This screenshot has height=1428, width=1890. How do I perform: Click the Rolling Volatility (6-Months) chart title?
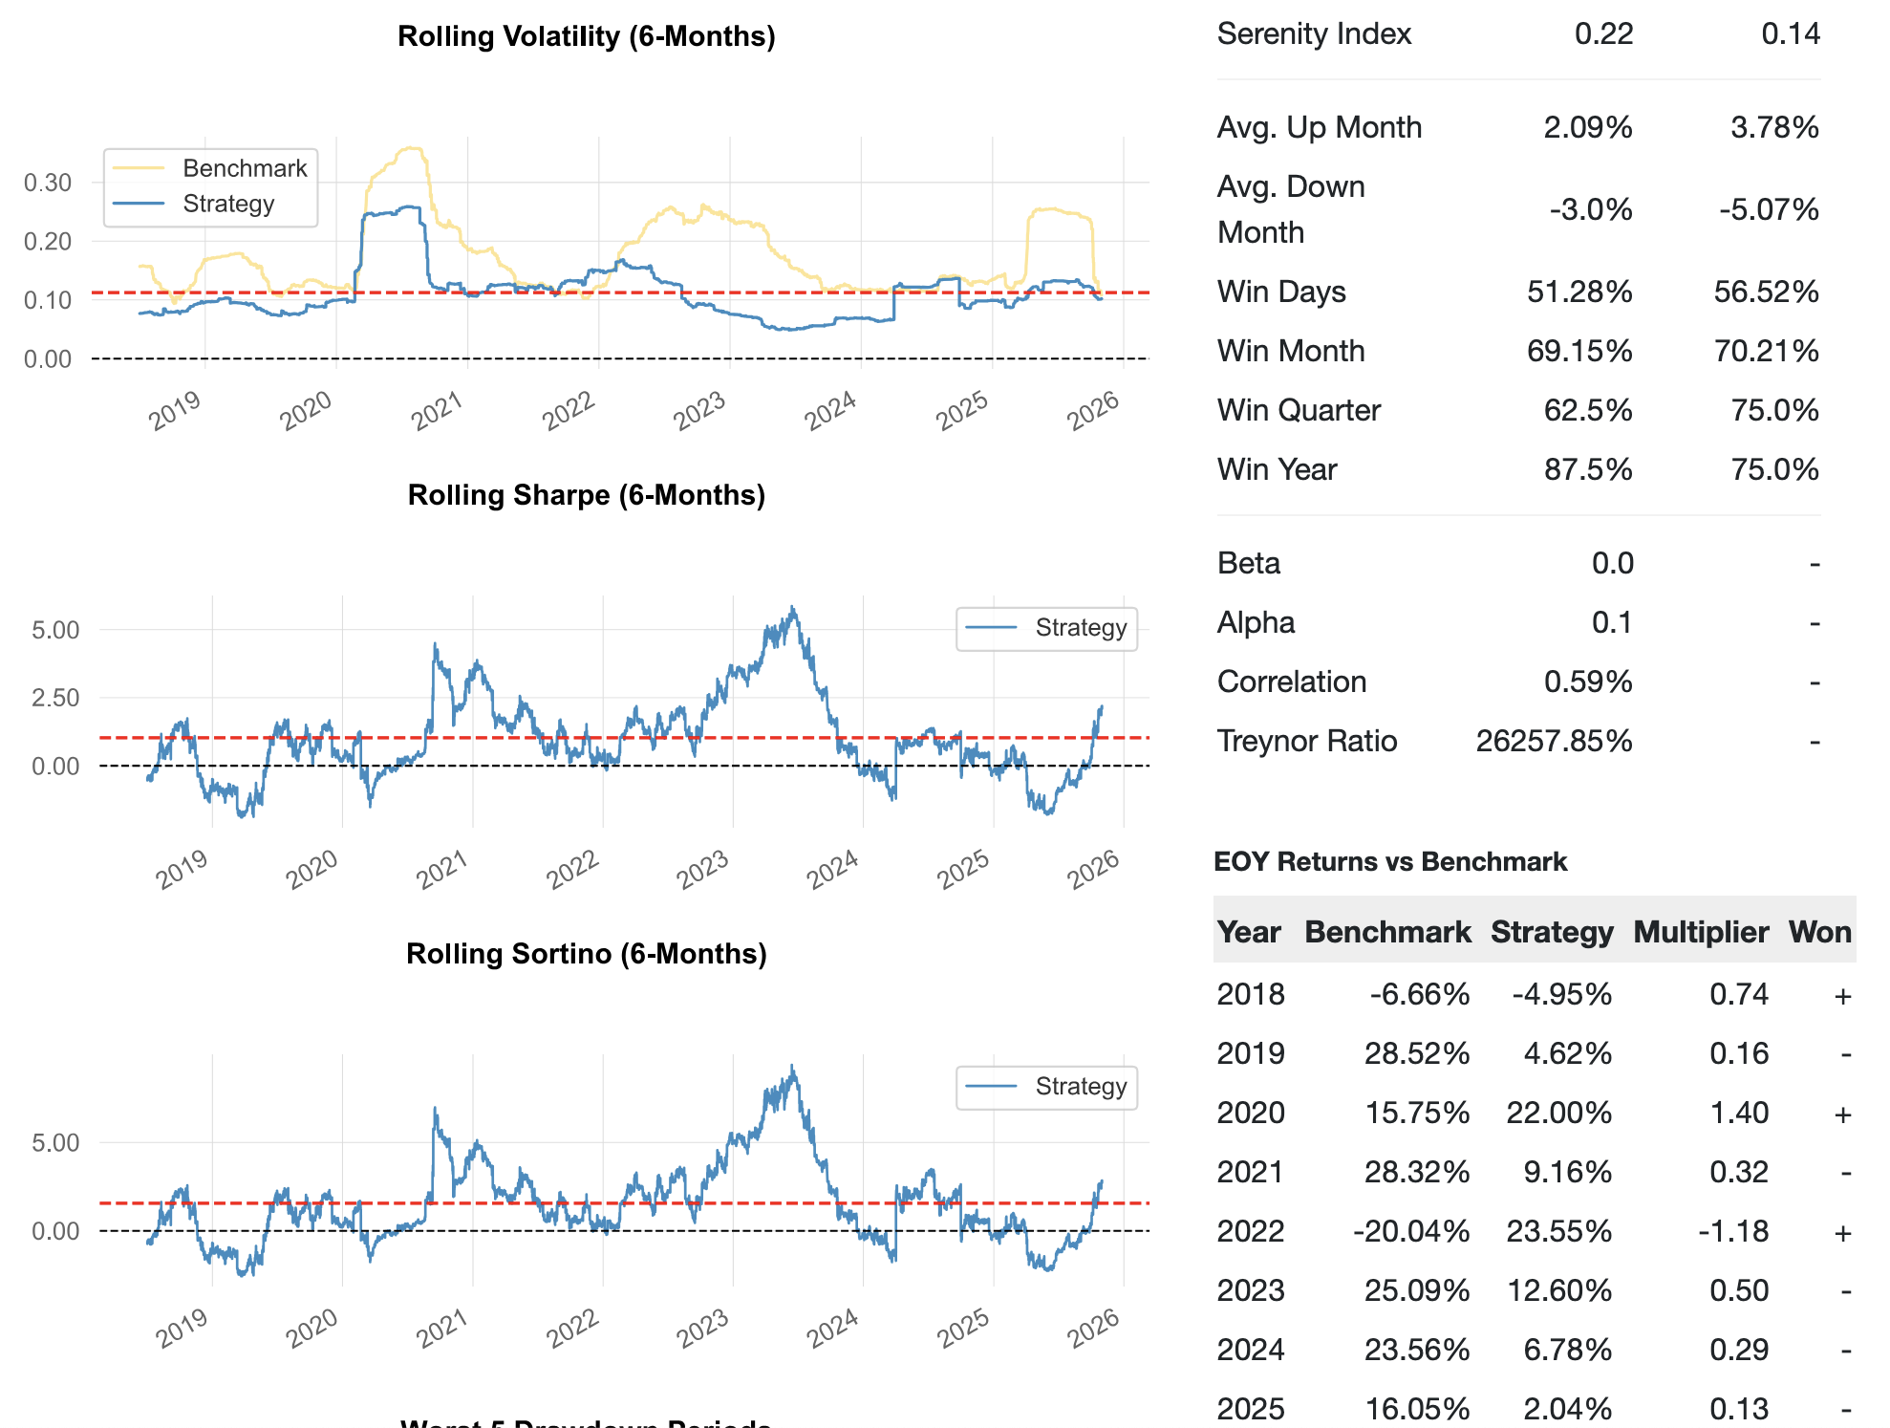coord(586,36)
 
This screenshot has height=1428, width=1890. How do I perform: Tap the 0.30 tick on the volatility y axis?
coord(48,183)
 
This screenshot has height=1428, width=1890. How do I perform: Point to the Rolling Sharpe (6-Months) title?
coord(586,495)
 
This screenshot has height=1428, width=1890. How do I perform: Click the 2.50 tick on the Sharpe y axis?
coord(55,698)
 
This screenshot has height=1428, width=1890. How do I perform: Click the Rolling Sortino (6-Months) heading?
coord(586,954)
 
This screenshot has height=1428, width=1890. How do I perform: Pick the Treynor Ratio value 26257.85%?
coord(1554,741)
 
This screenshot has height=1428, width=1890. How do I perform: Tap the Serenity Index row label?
coord(1314,34)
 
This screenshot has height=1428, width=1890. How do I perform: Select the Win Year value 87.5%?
coord(1588,469)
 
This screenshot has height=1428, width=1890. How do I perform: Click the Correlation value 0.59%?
coord(1588,682)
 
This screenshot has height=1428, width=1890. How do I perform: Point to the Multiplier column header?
coord(1701,932)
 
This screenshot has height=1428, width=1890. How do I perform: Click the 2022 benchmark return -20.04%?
coord(1411,1231)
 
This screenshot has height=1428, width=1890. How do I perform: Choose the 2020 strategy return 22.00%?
coord(1558,1113)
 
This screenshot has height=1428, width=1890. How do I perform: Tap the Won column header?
coord(1820,932)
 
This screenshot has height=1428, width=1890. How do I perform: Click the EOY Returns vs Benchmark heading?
coord(1390,862)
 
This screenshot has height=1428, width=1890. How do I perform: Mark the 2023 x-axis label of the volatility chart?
coord(699,411)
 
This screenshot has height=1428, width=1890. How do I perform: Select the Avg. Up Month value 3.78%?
coord(1774,127)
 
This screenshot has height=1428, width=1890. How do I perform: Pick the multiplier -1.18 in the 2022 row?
coord(1733,1231)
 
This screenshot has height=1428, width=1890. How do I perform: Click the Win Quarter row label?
coord(1299,410)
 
